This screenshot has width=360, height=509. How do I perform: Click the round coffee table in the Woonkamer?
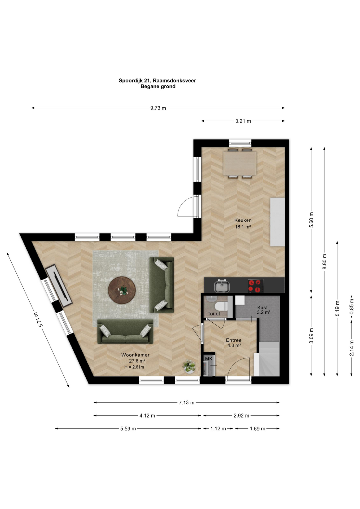[x=122, y=290]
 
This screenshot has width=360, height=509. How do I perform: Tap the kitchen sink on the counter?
[x=222, y=286]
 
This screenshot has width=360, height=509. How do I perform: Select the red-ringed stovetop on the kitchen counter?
[x=256, y=286]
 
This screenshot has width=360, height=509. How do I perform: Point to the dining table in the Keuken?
[x=240, y=163]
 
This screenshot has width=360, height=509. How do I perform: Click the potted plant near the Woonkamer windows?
[x=189, y=366]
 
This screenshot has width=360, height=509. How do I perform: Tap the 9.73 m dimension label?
[x=158, y=108]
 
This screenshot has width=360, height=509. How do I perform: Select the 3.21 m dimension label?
[x=243, y=121]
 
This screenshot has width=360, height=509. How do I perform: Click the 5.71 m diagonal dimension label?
[x=37, y=319]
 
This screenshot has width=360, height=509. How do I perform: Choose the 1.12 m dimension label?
[x=218, y=429]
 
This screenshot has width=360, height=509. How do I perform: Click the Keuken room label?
[x=243, y=220]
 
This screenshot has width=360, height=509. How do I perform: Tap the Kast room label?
[x=262, y=307]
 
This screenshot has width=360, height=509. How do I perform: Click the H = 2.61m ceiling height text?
[x=134, y=367]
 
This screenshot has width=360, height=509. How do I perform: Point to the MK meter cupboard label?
[x=209, y=359]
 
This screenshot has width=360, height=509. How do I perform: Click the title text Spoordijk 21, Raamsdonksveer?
[x=157, y=81]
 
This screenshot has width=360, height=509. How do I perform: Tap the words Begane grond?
[x=158, y=86]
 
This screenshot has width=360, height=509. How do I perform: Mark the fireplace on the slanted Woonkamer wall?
[x=59, y=286]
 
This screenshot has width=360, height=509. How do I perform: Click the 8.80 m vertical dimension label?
[x=324, y=261]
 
